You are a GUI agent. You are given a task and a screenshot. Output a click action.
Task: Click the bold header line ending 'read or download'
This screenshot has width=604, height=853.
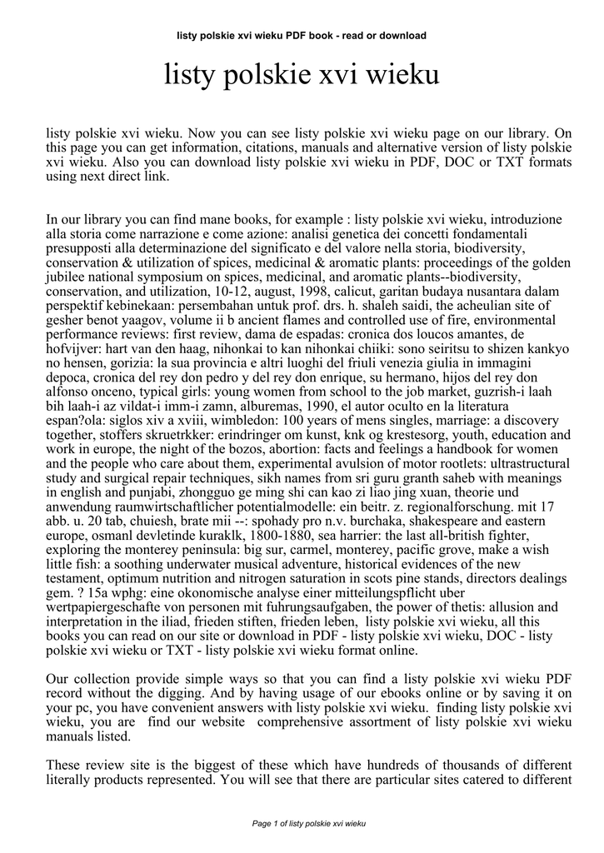pos(302,36)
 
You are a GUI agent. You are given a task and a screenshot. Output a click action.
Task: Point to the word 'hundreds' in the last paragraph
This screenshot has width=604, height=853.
pos(379,765)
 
